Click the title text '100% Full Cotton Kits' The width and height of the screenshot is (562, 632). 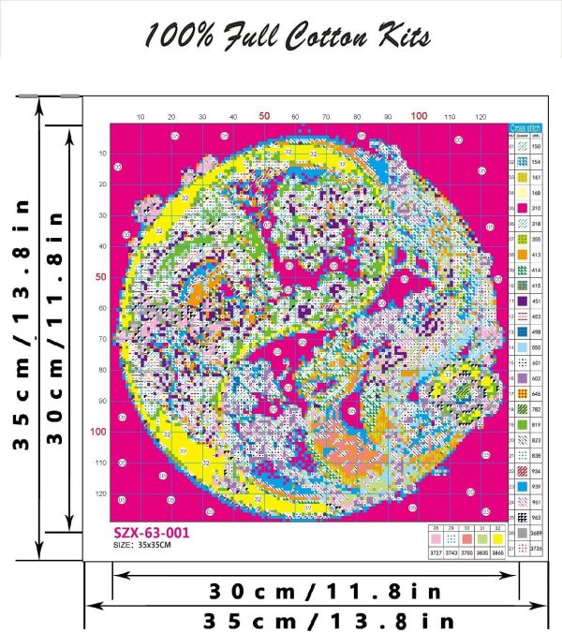point(287,37)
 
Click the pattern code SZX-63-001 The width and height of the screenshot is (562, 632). point(147,531)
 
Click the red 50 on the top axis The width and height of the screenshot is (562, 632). point(265,116)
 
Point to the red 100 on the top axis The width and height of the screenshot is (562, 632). point(420,116)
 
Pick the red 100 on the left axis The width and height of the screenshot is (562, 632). point(97,432)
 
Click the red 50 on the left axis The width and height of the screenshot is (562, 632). point(99,277)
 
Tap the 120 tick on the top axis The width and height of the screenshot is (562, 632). point(481,117)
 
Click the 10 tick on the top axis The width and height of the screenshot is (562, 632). point(140,117)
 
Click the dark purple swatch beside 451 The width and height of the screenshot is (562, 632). point(522,301)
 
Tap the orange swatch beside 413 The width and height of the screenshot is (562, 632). point(522,253)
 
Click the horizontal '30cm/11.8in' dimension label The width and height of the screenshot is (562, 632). point(314,591)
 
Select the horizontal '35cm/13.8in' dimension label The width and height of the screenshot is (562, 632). point(314,619)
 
